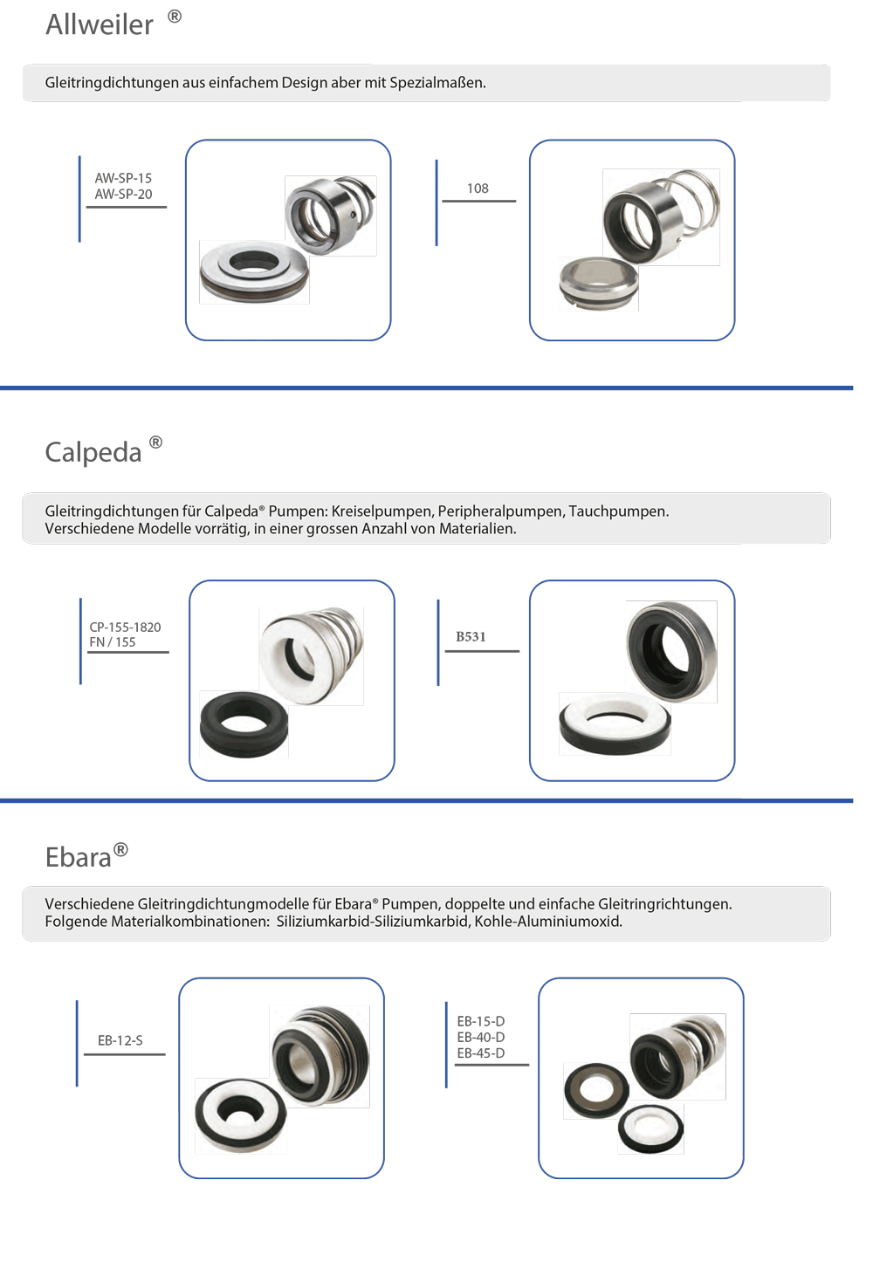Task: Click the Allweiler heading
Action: point(100,24)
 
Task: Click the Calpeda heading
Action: point(93,452)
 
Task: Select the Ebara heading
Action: point(79,857)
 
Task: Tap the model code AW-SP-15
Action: point(123,178)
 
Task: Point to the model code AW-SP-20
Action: point(123,194)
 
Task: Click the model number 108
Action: point(478,189)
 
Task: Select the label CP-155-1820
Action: point(125,627)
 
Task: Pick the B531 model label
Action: point(471,637)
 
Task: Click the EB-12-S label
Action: point(120,1040)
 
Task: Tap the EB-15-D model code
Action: point(481,1021)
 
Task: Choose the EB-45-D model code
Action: point(481,1053)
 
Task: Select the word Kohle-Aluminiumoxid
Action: point(548,922)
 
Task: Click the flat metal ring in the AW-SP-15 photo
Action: point(253,271)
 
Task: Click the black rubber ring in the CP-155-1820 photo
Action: point(244,724)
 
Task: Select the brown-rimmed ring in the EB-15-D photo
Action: point(596,1090)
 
